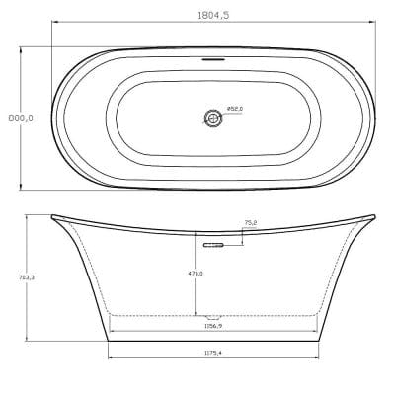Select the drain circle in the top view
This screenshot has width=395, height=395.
[211, 118]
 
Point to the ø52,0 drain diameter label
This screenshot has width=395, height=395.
[235, 109]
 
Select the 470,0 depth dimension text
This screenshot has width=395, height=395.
[197, 273]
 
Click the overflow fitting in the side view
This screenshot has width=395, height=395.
[211, 240]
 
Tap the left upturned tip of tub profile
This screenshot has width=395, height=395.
[50, 216]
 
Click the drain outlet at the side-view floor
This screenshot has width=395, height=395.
[211, 317]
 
